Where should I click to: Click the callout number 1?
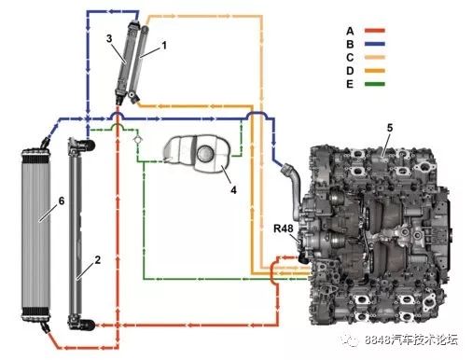point(164,44)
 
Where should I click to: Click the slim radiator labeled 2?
point(78,233)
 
